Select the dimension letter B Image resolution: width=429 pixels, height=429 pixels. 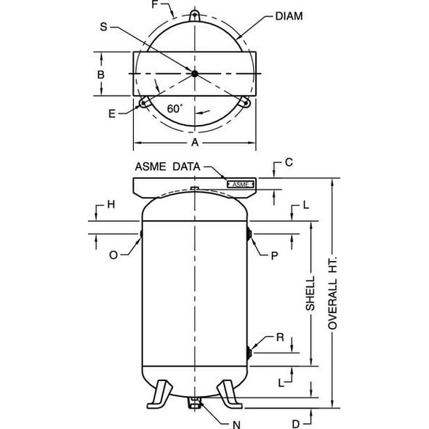pos(101,74)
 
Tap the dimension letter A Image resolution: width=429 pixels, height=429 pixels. pos(195,143)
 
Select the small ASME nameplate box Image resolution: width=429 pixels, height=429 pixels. pos(240,185)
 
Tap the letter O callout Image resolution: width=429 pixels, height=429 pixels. pos(113,255)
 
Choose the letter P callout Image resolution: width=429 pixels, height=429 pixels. pos(274,256)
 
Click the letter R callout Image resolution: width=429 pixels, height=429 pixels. pos(279,337)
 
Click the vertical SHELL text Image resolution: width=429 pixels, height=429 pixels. pos(310,294)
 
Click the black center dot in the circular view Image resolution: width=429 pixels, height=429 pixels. pos(194,73)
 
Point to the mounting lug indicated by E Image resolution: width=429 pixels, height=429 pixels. pos(145,103)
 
